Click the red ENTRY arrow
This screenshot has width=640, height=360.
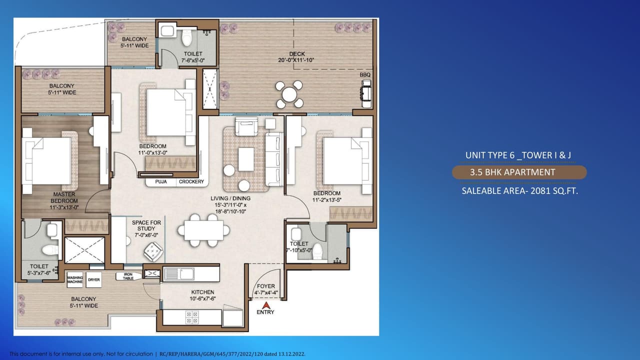point(266,304)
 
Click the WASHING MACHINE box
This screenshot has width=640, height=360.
point(75,279)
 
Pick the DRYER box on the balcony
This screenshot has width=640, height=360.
point(93,279)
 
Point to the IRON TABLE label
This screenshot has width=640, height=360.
point(128,276)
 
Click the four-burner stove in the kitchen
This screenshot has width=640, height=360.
point(191,317)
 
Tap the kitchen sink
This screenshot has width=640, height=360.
point(179,274)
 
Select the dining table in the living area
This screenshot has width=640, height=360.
point(203,230)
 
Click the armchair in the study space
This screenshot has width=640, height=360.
point(153,251)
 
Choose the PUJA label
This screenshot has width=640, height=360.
point(161,182)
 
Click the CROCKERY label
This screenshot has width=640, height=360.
point(191,182)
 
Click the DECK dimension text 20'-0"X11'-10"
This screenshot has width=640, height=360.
point(296,60)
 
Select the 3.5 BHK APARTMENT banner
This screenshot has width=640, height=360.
point(519,172)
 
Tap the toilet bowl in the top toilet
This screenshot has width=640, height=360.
point(187,37)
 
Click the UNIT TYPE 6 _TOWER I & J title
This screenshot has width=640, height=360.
point(518,155)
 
